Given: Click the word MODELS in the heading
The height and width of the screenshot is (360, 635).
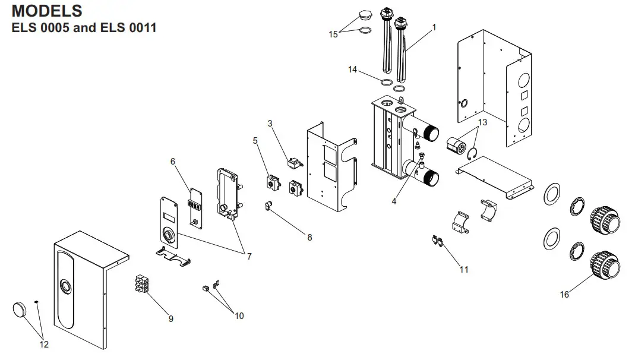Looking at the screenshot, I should (47, 11).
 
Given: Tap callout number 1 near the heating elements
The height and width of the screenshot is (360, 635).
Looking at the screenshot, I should (434, 27).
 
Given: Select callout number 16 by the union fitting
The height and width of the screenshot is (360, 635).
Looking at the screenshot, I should (564, 294).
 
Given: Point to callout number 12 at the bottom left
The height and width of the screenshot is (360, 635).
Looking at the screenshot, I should (43, 345).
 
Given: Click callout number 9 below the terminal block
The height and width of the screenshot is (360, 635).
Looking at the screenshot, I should (170, 319).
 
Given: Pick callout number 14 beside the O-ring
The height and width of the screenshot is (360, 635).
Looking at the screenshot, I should (353, 70).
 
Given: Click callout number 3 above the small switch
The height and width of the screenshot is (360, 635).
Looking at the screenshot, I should (270, 124).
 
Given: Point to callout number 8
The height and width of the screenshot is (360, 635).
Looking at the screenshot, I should (309, 237).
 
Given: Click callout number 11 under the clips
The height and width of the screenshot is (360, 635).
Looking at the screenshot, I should (464, 269).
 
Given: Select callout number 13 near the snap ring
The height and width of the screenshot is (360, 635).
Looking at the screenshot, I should (482, 122).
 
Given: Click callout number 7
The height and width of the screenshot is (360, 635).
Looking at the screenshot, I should (249, 257).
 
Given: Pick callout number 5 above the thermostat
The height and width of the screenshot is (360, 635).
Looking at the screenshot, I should (255, 141).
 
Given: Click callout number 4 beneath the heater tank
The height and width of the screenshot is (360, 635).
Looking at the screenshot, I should (393, 201).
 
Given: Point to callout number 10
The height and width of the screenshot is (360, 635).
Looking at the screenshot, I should (239, 316).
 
